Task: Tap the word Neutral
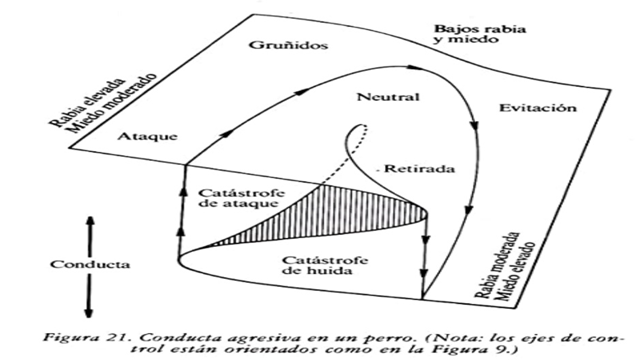pos(384,98)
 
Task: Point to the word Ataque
pos(146,137)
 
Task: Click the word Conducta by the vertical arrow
pos(80,265)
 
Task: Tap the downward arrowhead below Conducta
pos(89,312)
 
